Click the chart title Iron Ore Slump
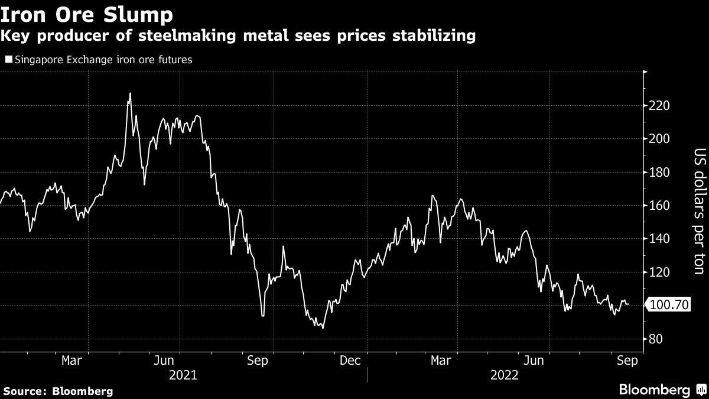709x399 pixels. click(x=87, y=14)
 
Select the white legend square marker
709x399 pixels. click(x=8, y=60)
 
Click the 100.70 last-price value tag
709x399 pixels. click(x=670, y=305)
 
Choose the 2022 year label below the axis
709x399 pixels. click(x=503, y=375)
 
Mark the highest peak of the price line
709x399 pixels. click(x=130, y=93)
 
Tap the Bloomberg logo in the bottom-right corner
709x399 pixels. click(x=661, y=390)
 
